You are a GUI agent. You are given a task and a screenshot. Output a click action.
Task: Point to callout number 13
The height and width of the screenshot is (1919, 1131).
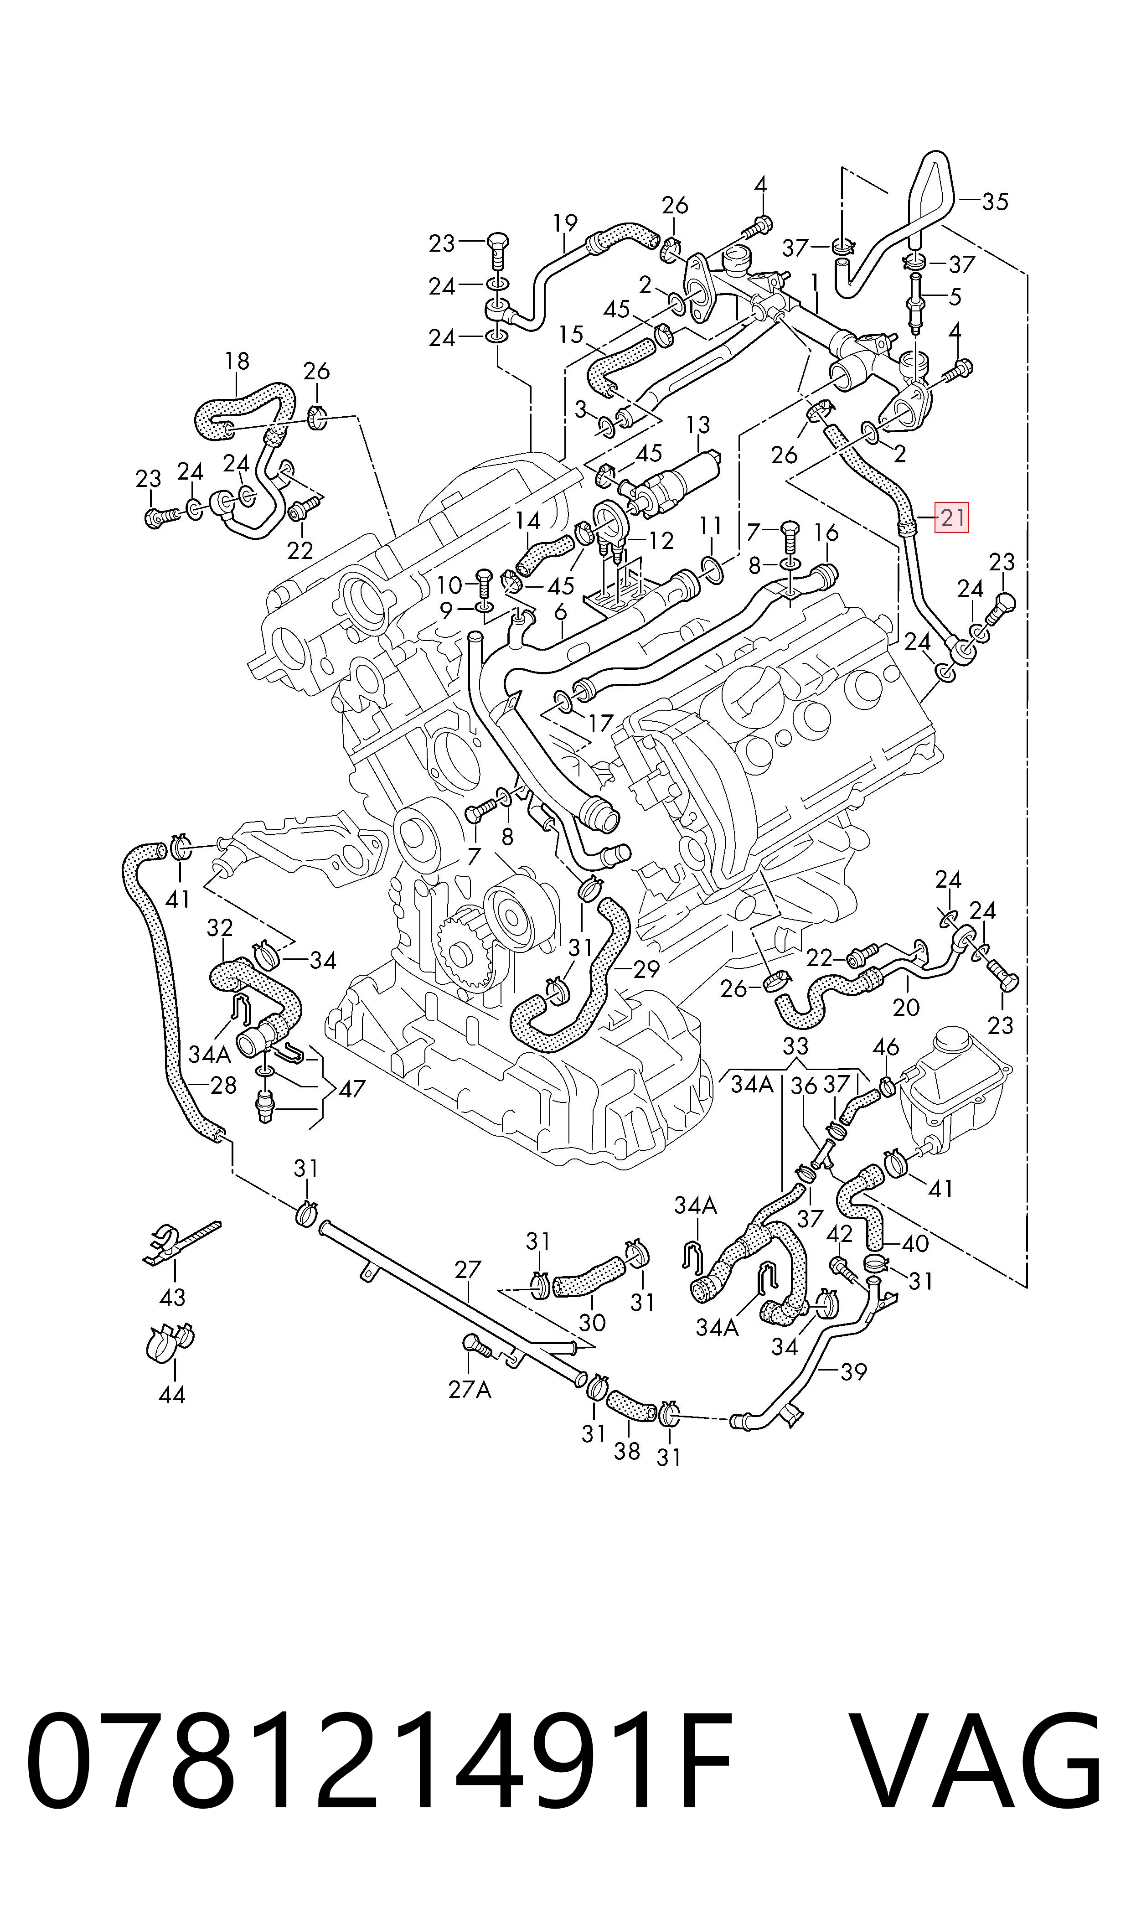(x=697, y=424)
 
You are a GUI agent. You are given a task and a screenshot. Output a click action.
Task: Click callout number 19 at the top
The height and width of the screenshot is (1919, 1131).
(x=565, y=223)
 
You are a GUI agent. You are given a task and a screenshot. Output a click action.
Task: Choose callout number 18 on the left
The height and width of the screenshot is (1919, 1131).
(x=237, y=361)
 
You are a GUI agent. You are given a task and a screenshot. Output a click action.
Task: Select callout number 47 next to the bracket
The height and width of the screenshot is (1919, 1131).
(x=351, y=1088)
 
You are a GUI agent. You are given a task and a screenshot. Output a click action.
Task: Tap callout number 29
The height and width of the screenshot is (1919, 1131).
(x=646, y=969)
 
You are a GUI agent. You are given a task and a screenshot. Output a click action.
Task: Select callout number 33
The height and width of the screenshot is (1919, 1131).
(x=795, y=1045)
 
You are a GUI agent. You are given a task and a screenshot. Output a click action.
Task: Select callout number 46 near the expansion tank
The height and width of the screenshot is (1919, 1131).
(x=886, y=1047)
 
